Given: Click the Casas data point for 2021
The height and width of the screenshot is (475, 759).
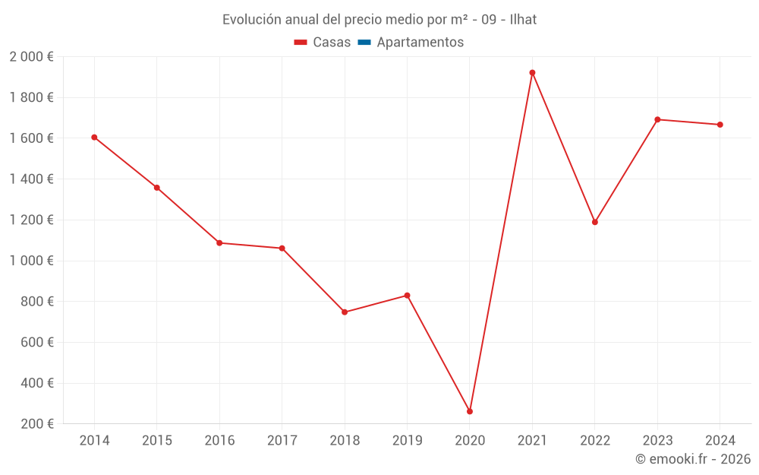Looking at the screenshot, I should click(532, 73).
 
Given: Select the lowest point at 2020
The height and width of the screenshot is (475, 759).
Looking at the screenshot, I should click(470, 411).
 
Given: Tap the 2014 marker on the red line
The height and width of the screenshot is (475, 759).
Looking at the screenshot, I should click(94, 138).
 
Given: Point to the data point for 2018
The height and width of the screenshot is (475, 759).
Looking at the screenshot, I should click(345, 312).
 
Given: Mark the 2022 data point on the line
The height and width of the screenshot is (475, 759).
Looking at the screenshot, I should click(595, 222).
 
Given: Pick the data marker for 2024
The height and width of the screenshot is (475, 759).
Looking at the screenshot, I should click(720, 125).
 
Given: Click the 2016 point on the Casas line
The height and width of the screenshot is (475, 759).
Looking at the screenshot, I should click(219, 243).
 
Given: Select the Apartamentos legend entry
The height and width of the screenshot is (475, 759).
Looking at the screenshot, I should click(420, 43).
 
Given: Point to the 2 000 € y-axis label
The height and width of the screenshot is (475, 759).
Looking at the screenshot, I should click(32, 57).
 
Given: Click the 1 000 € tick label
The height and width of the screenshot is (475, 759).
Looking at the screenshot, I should click(32, 261).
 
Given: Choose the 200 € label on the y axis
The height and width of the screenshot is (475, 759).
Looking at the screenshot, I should click(37, 424).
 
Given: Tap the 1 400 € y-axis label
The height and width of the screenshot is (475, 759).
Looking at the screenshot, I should click(32, 179).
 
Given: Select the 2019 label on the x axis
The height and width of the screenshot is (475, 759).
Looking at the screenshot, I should click(407, 441).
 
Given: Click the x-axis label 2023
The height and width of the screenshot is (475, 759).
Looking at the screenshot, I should click(657, 441).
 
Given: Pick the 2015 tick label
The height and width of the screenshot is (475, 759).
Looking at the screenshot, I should click(157, 441).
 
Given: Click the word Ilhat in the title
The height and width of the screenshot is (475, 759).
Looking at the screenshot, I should click(523, 20).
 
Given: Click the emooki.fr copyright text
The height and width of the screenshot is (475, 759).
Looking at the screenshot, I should click(693, 459).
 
